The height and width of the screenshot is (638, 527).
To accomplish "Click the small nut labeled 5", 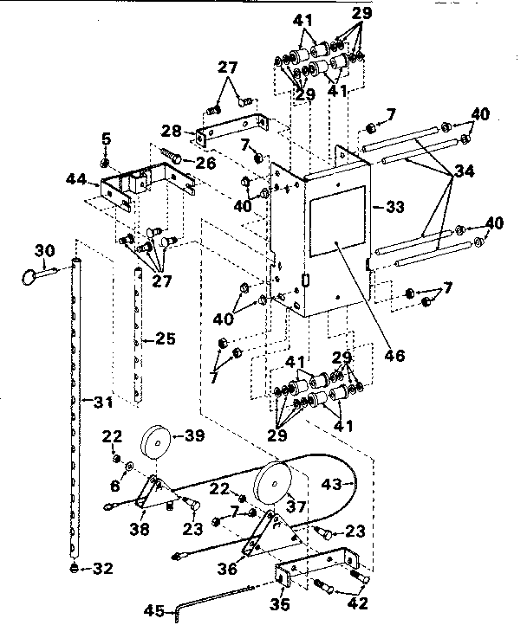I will [x=105, y=162].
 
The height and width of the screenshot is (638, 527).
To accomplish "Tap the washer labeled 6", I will [x=129, y=467].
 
